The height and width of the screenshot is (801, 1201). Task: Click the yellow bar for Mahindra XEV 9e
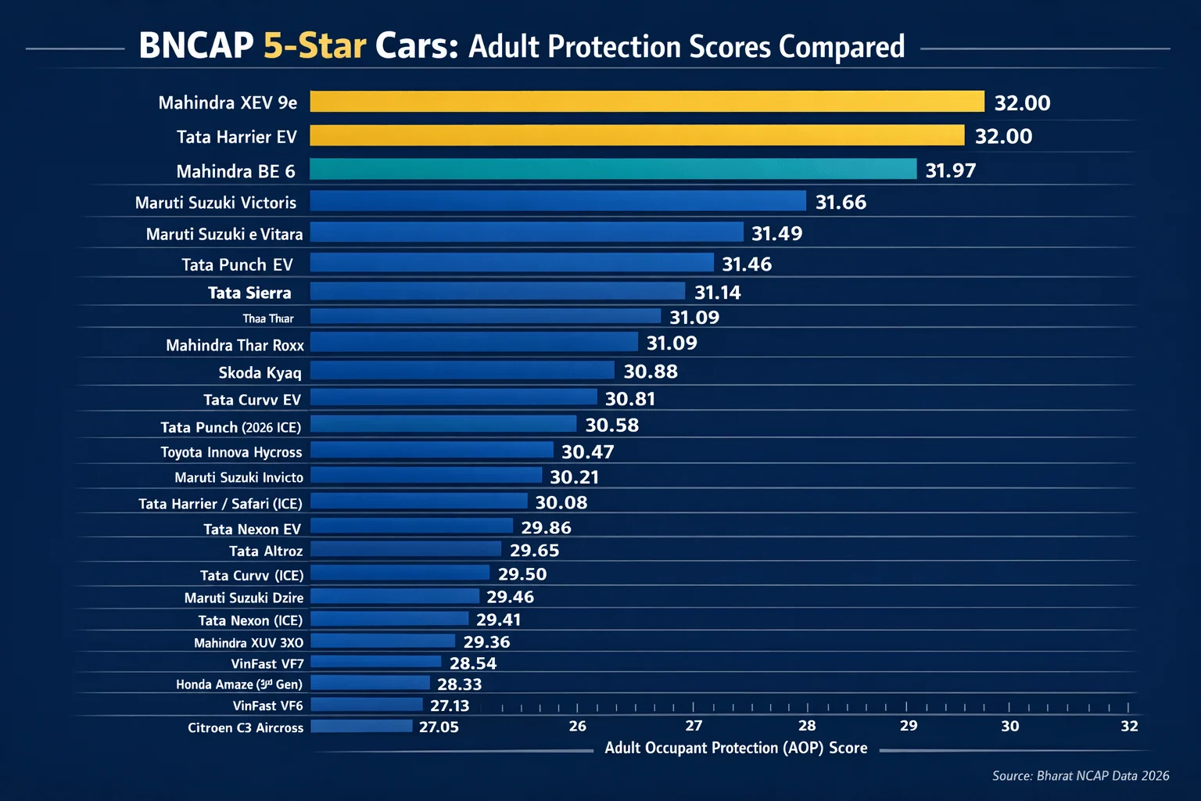point(647,102)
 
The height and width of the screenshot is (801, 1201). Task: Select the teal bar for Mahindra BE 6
point(613,169)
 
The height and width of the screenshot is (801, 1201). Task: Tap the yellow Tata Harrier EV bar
point(636,135)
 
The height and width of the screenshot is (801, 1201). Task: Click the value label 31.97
point(950,171)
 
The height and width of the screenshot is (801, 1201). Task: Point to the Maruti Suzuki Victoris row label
point(216,203)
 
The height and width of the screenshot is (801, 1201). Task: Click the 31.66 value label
point(841,203)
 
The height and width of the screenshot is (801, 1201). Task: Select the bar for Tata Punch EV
point(511,263)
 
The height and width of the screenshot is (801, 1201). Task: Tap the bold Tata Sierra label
point(249,293)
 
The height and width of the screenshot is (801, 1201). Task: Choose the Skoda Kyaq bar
point(462,370)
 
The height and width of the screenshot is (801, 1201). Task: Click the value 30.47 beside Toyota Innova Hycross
point(587,452)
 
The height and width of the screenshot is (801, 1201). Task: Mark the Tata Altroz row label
point(266,551)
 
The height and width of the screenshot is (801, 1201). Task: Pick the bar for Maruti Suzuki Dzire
point(395,596)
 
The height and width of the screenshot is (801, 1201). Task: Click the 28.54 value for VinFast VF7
point(472,663)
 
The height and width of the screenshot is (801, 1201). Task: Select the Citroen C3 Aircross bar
point(361,726)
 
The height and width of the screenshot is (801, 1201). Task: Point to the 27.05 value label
point(439,727)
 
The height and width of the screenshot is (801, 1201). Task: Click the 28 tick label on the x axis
point(807,726)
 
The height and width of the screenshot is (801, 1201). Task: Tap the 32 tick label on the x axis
point(1129,726)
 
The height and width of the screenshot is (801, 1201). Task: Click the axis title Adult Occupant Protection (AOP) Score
point(736,748)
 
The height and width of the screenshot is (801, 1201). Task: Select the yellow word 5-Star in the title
point(314,46)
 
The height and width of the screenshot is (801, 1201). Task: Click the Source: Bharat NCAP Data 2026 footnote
point(1080,775)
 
